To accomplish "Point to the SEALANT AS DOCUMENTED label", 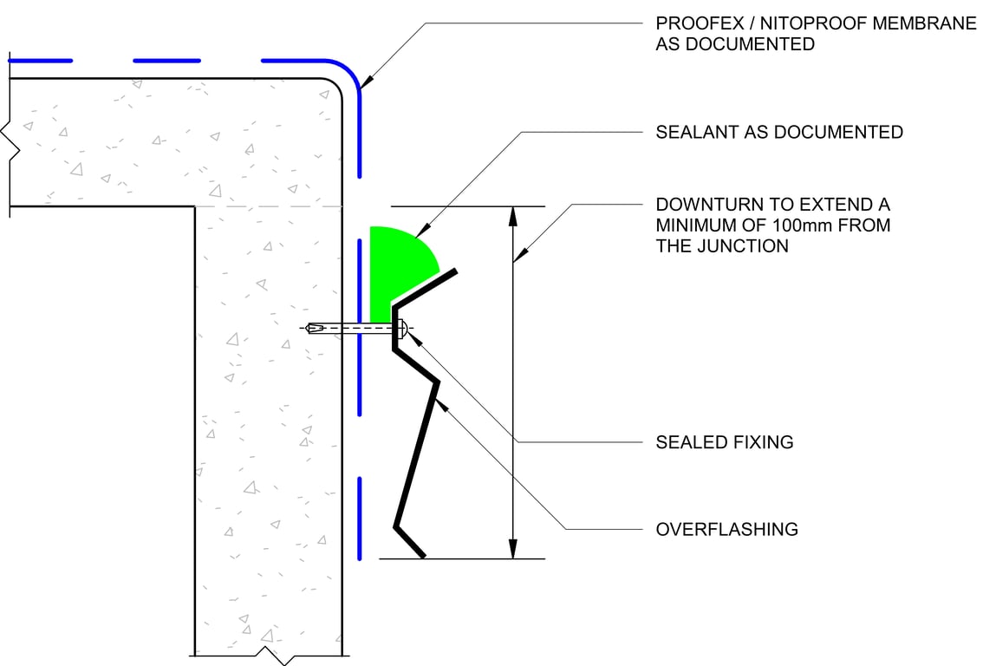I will [x=779, y=132].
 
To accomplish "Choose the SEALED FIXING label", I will [x=725, y=442].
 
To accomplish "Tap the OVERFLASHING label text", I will [x=726, y=529].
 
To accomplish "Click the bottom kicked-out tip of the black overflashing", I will [x=421, y=555].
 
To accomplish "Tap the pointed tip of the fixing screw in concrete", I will [x=309, y=328].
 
